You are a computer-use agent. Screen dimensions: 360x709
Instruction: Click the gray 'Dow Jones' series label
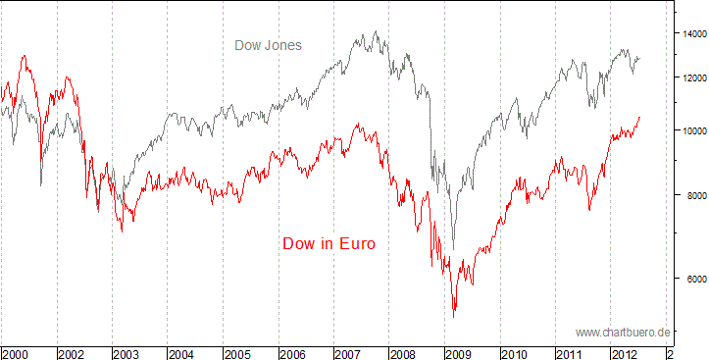pyautogui.click(x=268, y=45)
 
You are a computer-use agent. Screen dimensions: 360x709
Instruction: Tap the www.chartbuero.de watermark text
pyautogui.click(x=623, y=332)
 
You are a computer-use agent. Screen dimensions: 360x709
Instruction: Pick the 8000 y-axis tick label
pyautogui.click(x=690, y=196)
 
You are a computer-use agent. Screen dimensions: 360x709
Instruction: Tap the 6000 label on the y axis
pyautogui.click(x=690, y=279)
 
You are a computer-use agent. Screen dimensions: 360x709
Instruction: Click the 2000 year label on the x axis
pyautogui.click(x=15, y=352)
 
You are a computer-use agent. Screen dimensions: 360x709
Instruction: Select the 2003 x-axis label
pyautogui.click(x=127, y=352)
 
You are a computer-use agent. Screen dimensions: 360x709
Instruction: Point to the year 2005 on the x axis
pyautogui.click(x=237, y=352)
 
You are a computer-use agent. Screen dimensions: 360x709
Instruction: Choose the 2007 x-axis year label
pyautogui.click(x=348, y=352)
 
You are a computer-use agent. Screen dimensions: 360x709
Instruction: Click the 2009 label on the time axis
pyautogui.click(x=459, y=352)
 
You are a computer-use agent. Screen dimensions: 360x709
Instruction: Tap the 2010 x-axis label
pyautogui.click(x=515, y=352)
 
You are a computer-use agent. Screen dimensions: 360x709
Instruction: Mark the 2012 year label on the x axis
pyautogui.click(x=626, y=352)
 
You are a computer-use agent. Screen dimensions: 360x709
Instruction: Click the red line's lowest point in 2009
pyautogui.click(x=453, y=316)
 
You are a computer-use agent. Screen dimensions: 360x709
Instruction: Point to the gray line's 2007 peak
pyautogui.click(x=377, y=31)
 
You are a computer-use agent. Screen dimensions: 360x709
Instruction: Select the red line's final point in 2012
pyautogui.click(x=639, y=117)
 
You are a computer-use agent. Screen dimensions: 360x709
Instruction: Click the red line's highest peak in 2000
pyautogui.click(x=24, y=56)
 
